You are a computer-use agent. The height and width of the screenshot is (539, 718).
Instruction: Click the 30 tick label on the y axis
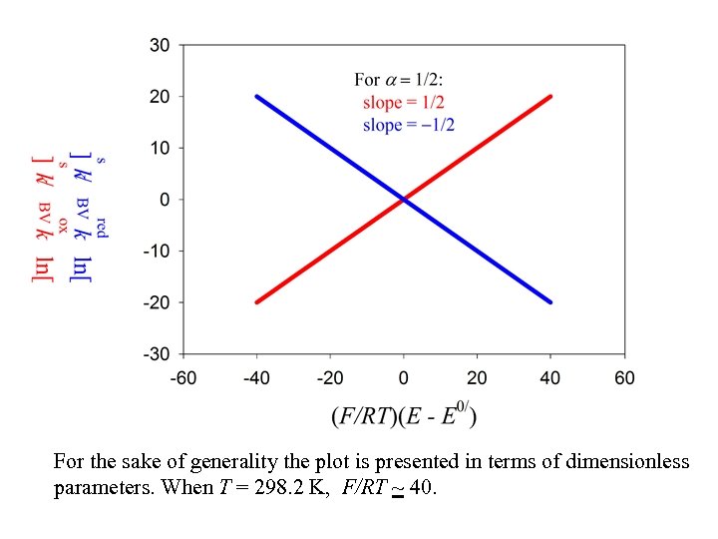(161, 45)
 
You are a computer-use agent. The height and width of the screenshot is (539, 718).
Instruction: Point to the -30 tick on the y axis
(158, 353)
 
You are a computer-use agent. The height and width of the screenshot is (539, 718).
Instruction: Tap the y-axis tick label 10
(161, 148)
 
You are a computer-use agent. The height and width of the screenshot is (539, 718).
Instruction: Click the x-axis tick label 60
(624, 377)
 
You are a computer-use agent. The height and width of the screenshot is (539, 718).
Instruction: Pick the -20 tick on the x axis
(330, 377)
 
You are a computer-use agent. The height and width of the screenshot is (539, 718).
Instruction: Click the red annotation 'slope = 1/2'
(403, 103)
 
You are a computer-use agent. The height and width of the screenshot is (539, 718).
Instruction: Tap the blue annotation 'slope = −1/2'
(409, 125)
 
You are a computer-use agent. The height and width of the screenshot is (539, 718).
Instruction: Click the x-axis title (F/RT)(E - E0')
(404, 414)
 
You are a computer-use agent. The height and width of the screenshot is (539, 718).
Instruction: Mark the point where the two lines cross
(404, 200)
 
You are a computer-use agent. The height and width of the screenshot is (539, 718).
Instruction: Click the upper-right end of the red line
(550, 97)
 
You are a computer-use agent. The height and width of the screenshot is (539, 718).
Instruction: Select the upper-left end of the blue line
(257, 97)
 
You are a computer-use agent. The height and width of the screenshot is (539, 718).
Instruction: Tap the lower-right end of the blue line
(550, 301)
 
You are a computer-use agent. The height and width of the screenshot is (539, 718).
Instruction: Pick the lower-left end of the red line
(257, 301)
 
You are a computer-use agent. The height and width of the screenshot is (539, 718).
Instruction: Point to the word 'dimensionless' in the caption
(627, 462)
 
